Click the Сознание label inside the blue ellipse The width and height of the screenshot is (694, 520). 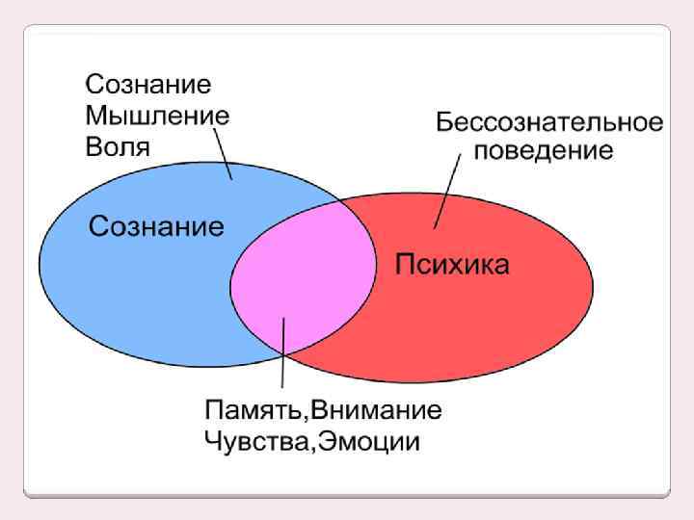[156, 227]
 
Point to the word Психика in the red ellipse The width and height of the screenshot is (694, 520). [453, 264]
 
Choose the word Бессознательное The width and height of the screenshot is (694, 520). [548, 123]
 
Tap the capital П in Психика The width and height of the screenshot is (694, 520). [406, 264]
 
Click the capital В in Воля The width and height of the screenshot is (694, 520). [93, 147]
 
